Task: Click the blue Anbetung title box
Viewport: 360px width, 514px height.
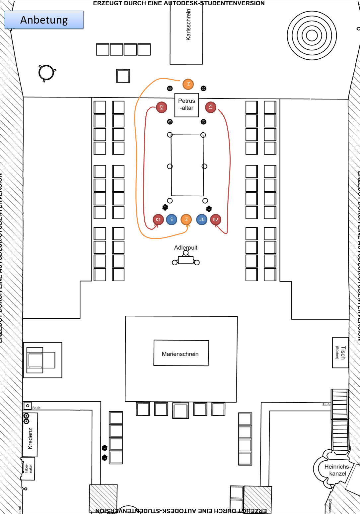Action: tap(44, 20)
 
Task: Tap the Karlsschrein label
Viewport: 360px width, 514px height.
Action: tap(188, 25)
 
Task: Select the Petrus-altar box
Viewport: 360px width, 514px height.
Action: tap(186, 105)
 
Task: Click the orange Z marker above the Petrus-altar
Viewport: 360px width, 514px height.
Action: tap(188, 84)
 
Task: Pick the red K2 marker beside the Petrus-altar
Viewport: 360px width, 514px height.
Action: tap(162, 107)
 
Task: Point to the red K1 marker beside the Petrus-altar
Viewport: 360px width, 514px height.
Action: tap(211, 107)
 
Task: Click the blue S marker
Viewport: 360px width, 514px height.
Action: tap(172, 220)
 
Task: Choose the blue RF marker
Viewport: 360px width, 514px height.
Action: tap(202, 220)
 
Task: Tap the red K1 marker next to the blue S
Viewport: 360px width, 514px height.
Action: tap(158, 220)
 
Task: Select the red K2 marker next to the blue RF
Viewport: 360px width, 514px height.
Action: tap(216, 220)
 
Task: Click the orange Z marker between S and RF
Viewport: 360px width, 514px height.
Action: tap(186, 220)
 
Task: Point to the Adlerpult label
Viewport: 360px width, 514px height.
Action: tap(185, 248)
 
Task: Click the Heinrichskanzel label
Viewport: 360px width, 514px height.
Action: tap(337, 470)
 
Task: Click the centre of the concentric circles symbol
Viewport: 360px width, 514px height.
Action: tap(312, 35)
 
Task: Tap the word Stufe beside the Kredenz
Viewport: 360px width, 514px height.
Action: tap(36, 408)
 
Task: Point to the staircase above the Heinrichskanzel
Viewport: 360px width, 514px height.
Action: tap(340, 419)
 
